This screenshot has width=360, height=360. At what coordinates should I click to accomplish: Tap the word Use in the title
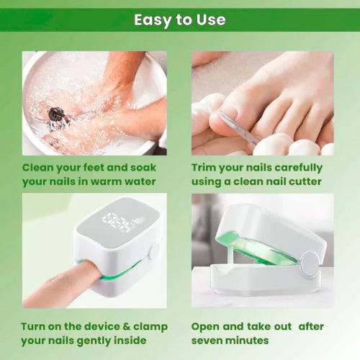point(210,19)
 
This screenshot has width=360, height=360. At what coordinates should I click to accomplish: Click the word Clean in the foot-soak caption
point(41,168)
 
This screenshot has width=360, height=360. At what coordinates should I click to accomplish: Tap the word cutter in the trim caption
point(303,181)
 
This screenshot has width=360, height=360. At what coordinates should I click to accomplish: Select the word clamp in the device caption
point(151,326)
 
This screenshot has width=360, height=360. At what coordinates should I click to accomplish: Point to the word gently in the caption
point(102,340)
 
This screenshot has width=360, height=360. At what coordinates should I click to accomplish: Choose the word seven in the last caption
point(209,340)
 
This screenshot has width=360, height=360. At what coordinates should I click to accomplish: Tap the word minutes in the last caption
point(249,340)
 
